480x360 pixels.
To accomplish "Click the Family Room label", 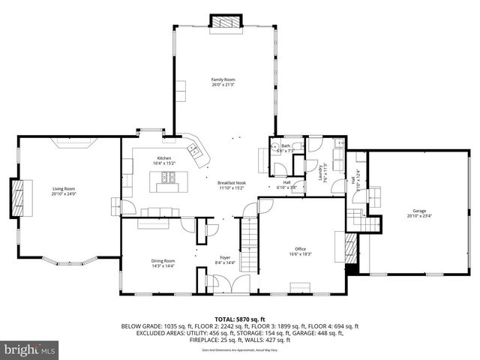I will pyautogui.click(x=223, y=79).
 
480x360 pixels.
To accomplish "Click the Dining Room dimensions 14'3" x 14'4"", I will pyautogui.click(x=163, y=266).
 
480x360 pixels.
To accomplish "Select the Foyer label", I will pyautogui.click(x=225, y=259).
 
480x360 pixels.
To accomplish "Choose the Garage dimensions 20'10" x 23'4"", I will pyautogui.click(x=418, y=216).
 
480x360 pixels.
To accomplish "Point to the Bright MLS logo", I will pyautogui.click(x=30, y=349).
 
